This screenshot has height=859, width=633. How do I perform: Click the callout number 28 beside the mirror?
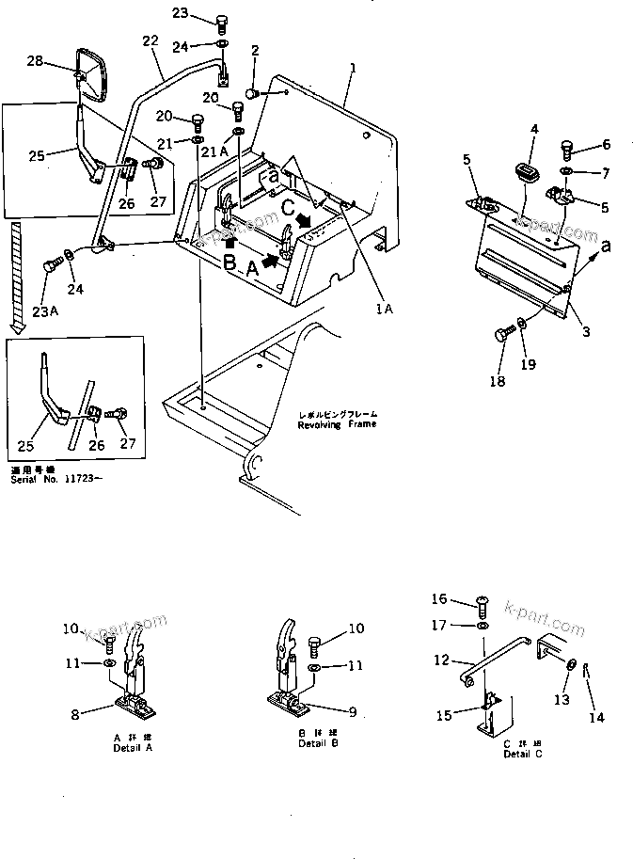click(35, 61)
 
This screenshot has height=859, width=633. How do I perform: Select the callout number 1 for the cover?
click(353, 68)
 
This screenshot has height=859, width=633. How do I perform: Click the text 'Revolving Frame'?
click(337, 424)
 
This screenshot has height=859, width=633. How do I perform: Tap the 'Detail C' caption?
click(522, 754)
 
